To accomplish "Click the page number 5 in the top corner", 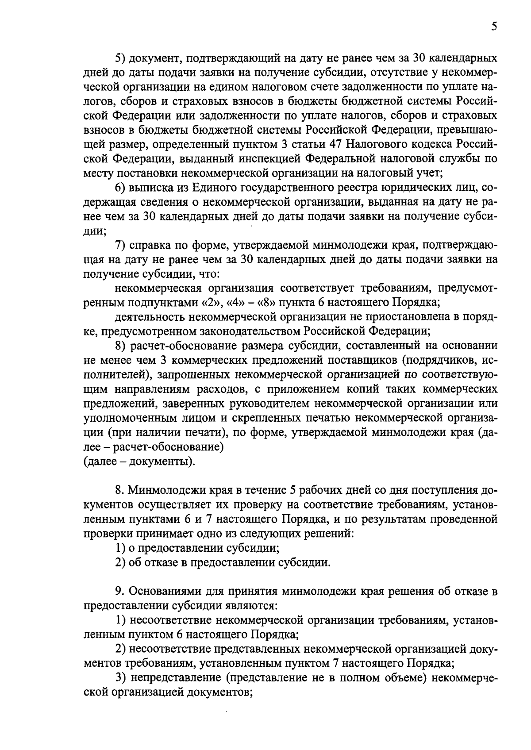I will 494,27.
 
